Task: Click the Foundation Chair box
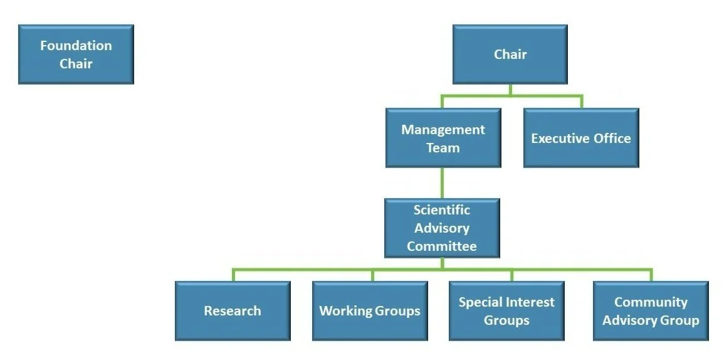tap(76, 55)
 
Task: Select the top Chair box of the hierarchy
tap(510, 55)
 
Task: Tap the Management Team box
tap(443, 138)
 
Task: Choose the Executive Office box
tap(581, 138)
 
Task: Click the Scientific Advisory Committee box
tap(442, 228)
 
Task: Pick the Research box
tap(233, 310)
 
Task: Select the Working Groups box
tap(370, 310)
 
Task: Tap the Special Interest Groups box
tap(506, 310)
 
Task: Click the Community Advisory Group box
tap(651, 310)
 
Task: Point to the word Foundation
tap(76, 46)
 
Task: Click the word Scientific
tap(441, 210)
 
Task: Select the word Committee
tap(441, 246)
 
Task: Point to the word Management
tap(443, 130)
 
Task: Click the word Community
tap(651, 302)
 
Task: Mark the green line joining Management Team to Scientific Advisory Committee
tap(442, 183)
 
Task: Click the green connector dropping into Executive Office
tap(581, 102)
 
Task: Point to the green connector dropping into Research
tap(233, 275)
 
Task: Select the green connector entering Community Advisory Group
tap(651, 275)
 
